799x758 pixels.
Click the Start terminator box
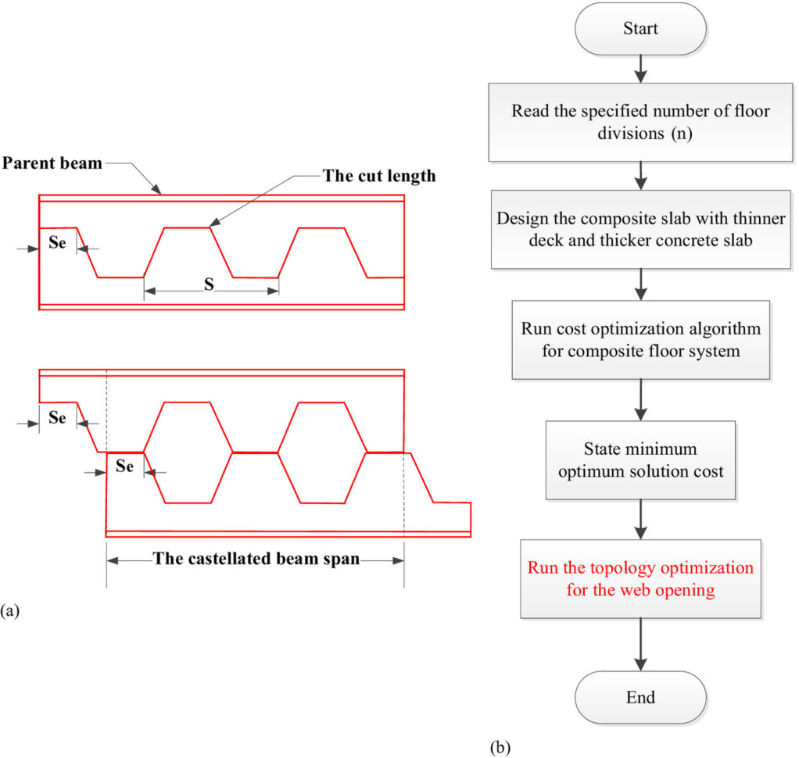[x=640, y=30]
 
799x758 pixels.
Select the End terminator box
[x=640, y=697]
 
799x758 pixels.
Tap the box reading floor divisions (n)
[x=640, y=120]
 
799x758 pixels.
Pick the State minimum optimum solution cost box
[x=640, y=460]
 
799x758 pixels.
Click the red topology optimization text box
[x=640, y=578]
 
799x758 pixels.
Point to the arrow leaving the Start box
[x=640, y=67]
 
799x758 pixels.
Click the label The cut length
[x=379, y=176]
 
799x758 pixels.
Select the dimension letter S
[x=210, y=284]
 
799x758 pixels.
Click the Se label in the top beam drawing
[x=58, y=242]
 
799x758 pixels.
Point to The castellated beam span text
[x=256, y=559]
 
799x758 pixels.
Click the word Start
[x=640, y=30]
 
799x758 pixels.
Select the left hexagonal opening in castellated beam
[x=188, y=452]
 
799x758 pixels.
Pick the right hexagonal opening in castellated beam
[x=322, y=452]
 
